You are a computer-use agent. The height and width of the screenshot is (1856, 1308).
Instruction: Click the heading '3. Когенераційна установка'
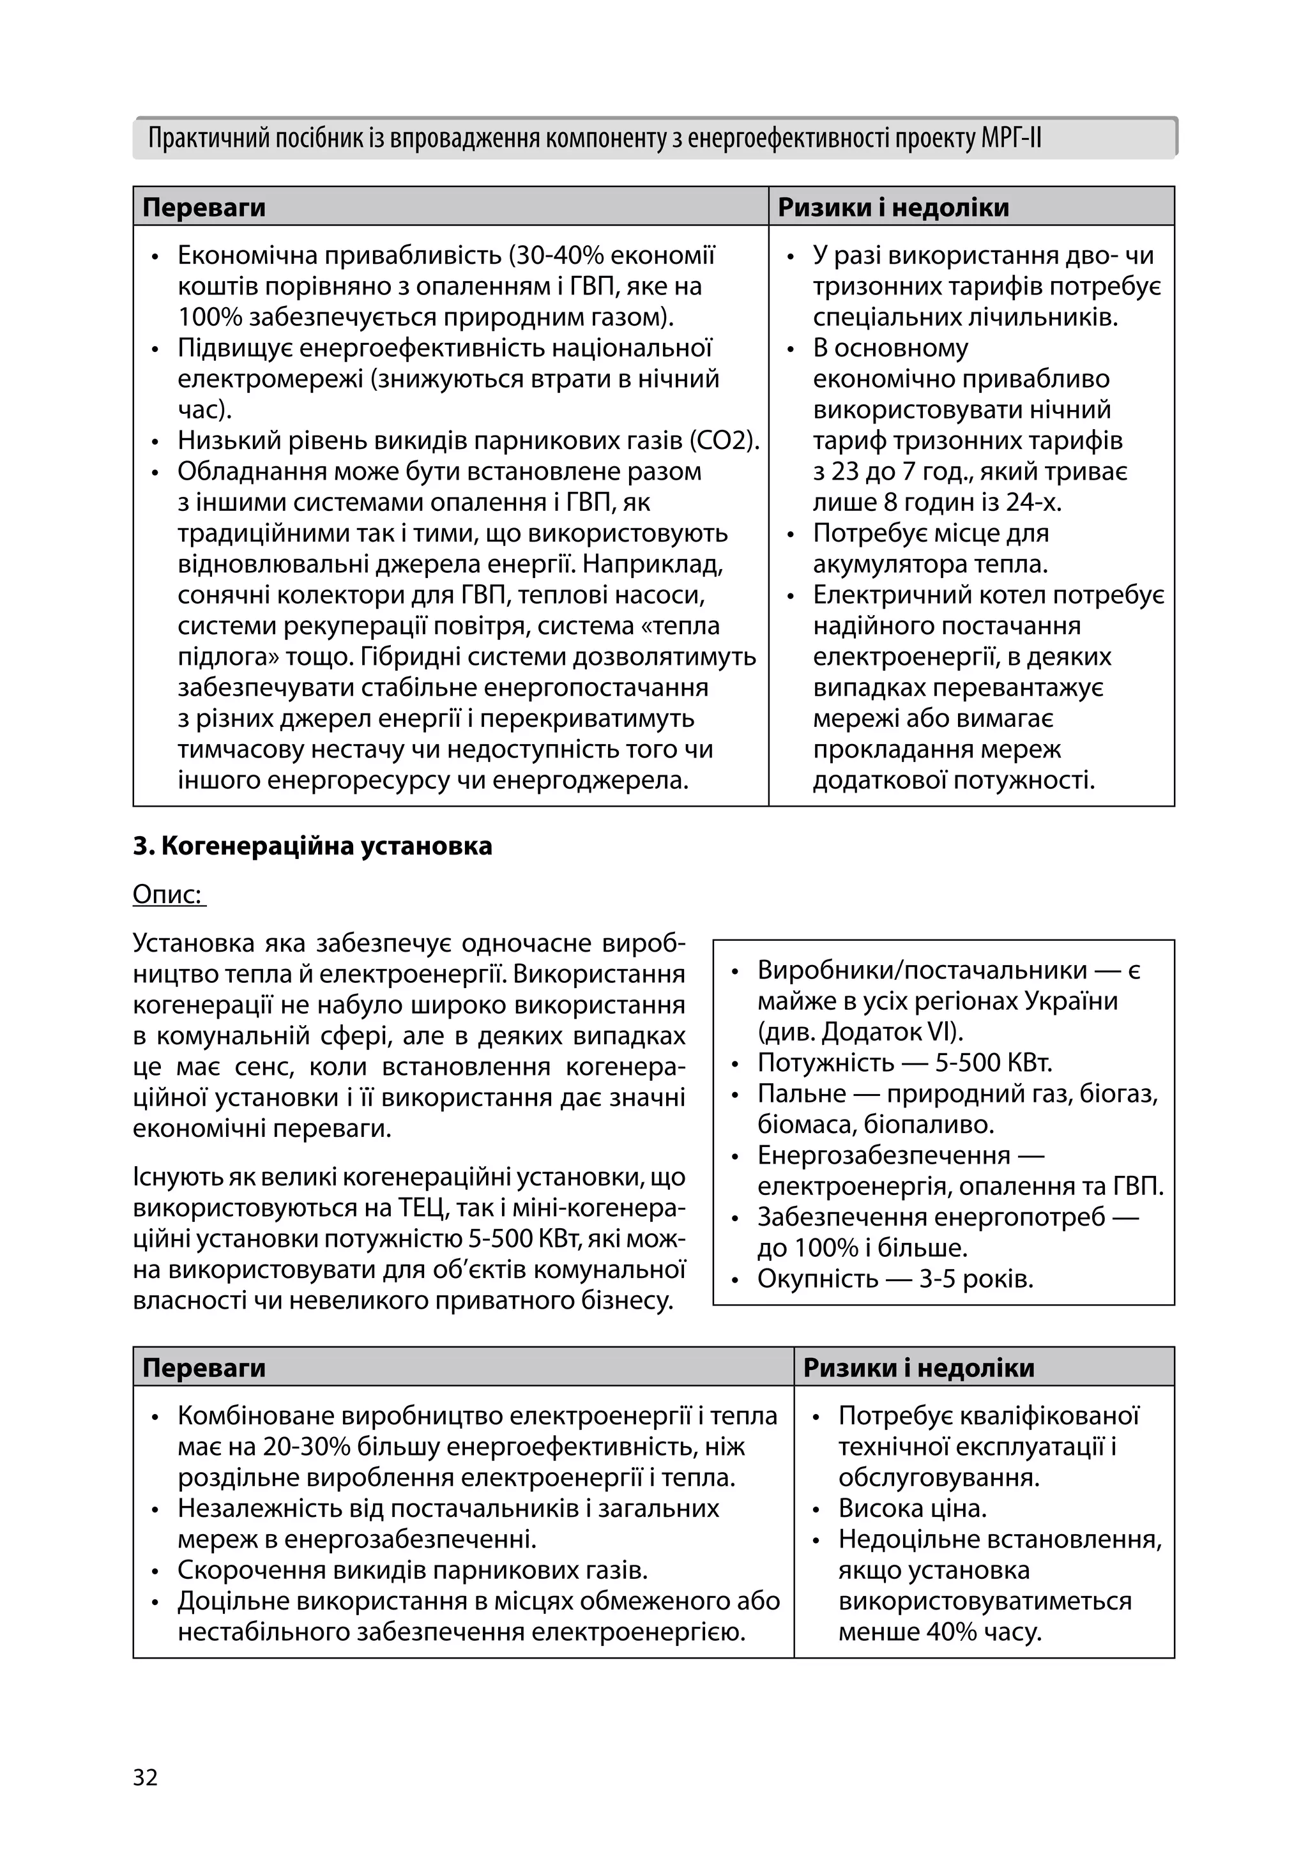pos(312,846)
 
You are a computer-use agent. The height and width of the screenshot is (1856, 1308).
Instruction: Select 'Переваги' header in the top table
pos(204,208)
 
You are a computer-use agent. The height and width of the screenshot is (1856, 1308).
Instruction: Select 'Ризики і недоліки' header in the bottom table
pos(918,1368)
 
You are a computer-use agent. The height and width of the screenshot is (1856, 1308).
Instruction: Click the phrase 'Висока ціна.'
pos(912,1509)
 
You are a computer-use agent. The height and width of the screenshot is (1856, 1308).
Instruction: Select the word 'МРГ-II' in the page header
pos(1010,139)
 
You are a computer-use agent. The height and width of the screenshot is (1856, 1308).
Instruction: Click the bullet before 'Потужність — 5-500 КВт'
pos(735,1065)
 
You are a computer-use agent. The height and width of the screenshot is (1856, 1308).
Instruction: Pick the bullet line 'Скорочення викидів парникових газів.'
pos(413,1571)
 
